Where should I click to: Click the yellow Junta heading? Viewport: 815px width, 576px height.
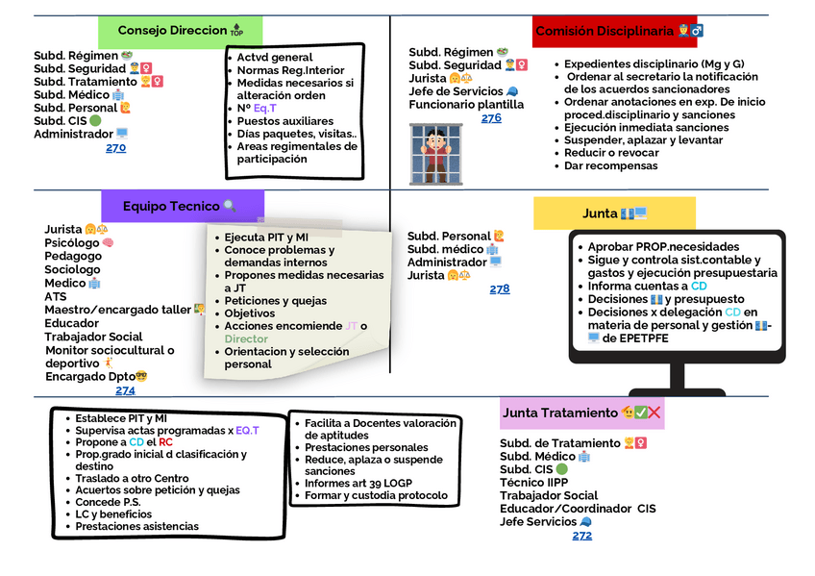(x=614, y=213)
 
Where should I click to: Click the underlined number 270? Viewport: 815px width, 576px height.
(x=115, y=148)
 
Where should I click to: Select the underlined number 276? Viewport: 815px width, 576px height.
(x=491, y=118)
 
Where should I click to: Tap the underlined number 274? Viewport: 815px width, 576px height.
(x=125, y=390)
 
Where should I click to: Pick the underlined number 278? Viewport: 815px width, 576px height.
(x=500, y=288)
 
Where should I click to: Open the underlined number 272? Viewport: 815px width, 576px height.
(x=581, y=536)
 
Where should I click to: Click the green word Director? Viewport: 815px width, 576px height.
(x=247, y=338)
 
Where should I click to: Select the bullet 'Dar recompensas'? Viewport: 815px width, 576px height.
(x=610, y=165)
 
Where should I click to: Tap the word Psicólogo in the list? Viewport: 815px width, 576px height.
(x=73, y=243)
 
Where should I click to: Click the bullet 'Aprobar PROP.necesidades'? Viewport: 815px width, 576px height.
(x=663, y=246)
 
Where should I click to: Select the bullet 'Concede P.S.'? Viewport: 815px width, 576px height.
(x=108, y=502)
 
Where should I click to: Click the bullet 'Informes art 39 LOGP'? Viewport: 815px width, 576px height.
(x=357, y=484)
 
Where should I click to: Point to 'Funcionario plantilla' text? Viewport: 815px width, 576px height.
(x=466, y=105)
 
